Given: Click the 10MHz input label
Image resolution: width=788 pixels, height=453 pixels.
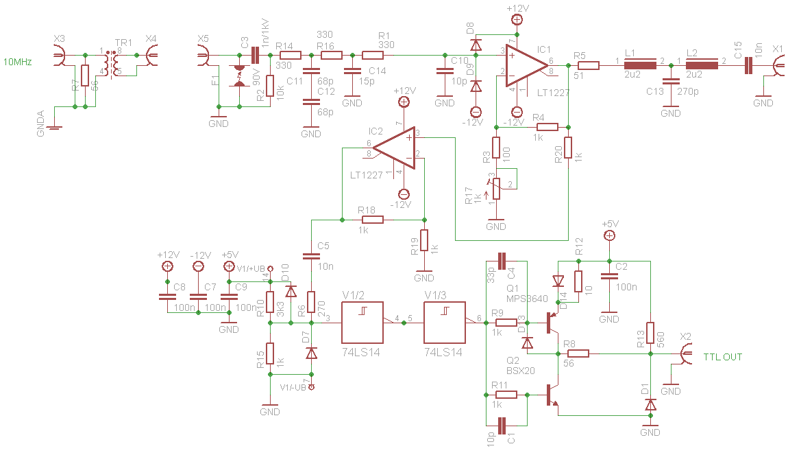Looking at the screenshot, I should click(19, 62).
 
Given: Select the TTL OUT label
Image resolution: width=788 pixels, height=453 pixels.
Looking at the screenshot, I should click(722, 357).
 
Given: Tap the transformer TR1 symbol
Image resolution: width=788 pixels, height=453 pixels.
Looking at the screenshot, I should click(110, 62).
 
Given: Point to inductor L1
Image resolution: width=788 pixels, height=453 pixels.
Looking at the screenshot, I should click(640, 66).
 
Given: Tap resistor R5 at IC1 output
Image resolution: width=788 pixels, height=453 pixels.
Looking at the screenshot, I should click(588, 66).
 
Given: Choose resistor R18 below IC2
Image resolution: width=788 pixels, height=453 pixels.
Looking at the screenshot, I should click(373, 220).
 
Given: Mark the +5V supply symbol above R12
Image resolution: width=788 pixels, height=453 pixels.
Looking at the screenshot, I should click(609, 236).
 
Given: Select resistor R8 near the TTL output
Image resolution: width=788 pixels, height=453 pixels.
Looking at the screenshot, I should click(578, 354).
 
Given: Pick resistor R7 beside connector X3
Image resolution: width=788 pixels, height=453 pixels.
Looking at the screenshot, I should click(84, 75).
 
